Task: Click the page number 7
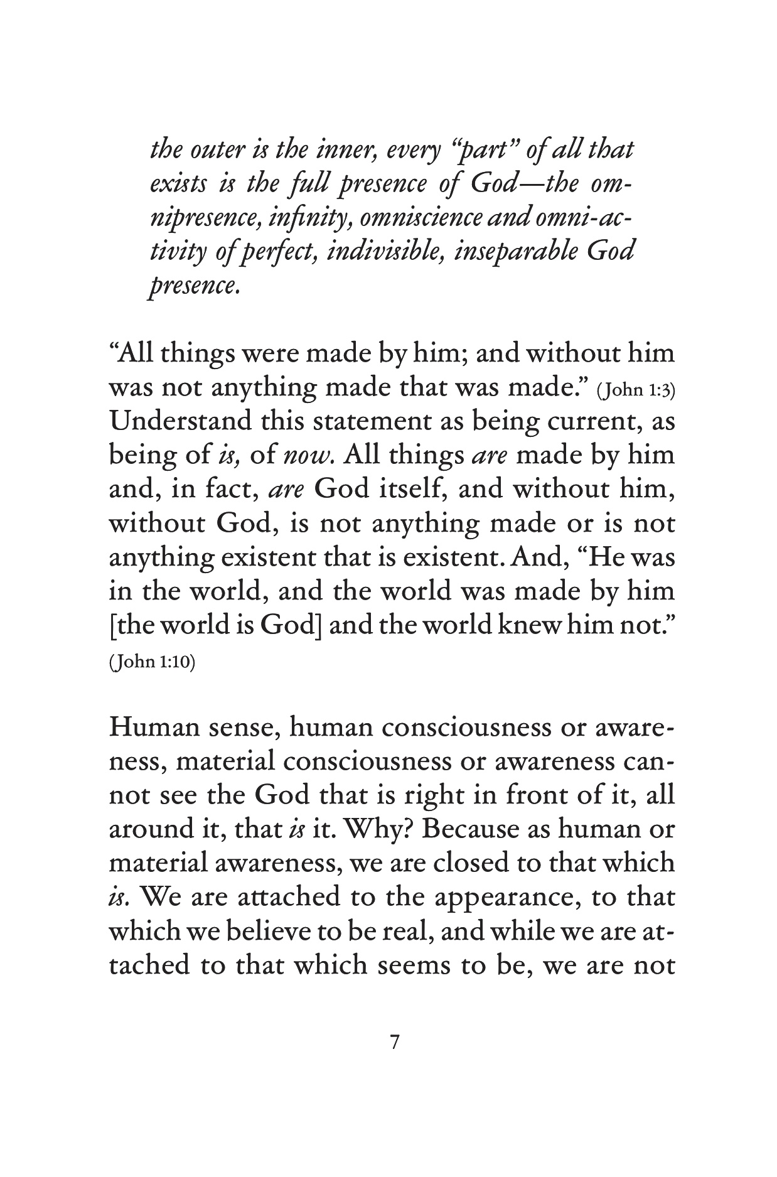tap(394, 1043)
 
